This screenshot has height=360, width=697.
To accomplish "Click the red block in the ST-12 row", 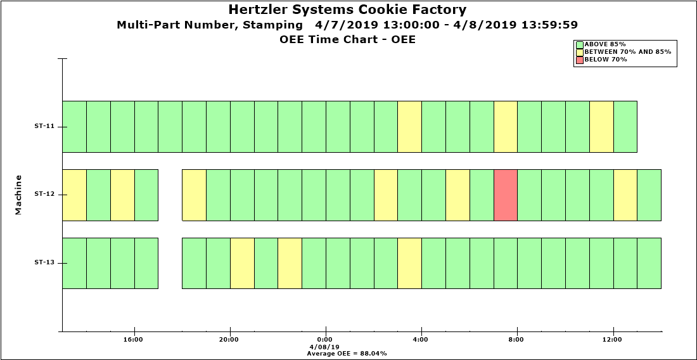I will click(506, 195).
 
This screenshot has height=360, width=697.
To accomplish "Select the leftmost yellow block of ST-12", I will click(74, 195).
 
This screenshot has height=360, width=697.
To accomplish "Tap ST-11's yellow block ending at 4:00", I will click(409, 126).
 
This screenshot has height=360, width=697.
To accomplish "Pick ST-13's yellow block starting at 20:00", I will click(242, 263).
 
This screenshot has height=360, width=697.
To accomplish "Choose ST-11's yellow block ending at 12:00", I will click(601, 126).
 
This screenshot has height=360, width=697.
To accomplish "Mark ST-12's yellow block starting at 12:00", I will click(625, 195).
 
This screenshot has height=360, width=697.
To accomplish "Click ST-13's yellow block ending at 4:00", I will click(409, 263).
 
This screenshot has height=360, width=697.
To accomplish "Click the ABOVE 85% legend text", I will click(605, 44).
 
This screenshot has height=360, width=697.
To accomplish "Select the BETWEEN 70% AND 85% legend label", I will click(627, 52).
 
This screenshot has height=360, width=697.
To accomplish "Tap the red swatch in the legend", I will click(579, 60).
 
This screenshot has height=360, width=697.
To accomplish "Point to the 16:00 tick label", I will click(133, 340).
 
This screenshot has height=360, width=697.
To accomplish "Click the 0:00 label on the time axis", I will click(325, 340).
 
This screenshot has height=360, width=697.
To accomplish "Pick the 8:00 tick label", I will click(516, 340).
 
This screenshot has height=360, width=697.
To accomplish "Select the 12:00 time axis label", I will click(613, 340).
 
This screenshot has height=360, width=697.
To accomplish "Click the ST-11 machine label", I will click(44, 126).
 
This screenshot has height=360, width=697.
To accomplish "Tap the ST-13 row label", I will click(44, 262).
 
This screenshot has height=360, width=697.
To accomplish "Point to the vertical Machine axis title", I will click(18, 195).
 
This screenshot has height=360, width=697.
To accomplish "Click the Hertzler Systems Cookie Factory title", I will click(347, 10).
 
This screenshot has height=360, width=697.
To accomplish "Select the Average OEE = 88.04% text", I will click(347, 353).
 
